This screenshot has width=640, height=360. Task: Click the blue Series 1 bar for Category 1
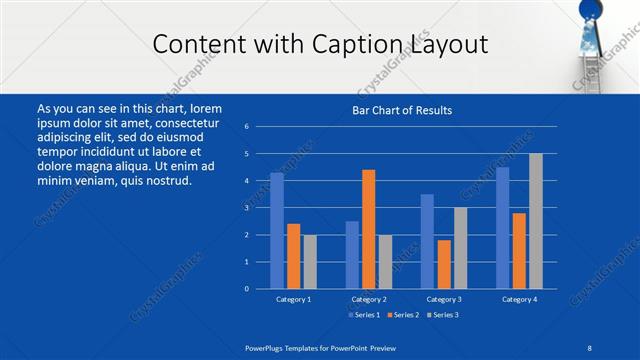tap(277, 230)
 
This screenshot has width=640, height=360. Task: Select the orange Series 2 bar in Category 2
tap(369, 229)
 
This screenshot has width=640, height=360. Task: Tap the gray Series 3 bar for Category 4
tap(535, 220)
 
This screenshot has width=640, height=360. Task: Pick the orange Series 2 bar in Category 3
tap(444, 264)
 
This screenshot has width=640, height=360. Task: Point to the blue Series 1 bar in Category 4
tap(502, 227)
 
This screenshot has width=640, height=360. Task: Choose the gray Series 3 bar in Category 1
tap(310, 261)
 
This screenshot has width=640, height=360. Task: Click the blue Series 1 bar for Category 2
tap(352, 254)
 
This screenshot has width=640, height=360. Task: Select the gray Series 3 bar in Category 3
tap(460, 247)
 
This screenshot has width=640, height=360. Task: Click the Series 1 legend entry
tap(361, 315)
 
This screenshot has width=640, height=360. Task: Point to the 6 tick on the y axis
tap(246, 127)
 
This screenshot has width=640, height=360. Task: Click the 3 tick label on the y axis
tap(246, 208)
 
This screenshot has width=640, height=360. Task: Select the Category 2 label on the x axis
tap(369, 299)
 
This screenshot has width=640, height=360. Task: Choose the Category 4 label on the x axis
tap(519, 299)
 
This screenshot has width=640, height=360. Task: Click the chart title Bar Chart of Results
tap(402, 110)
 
